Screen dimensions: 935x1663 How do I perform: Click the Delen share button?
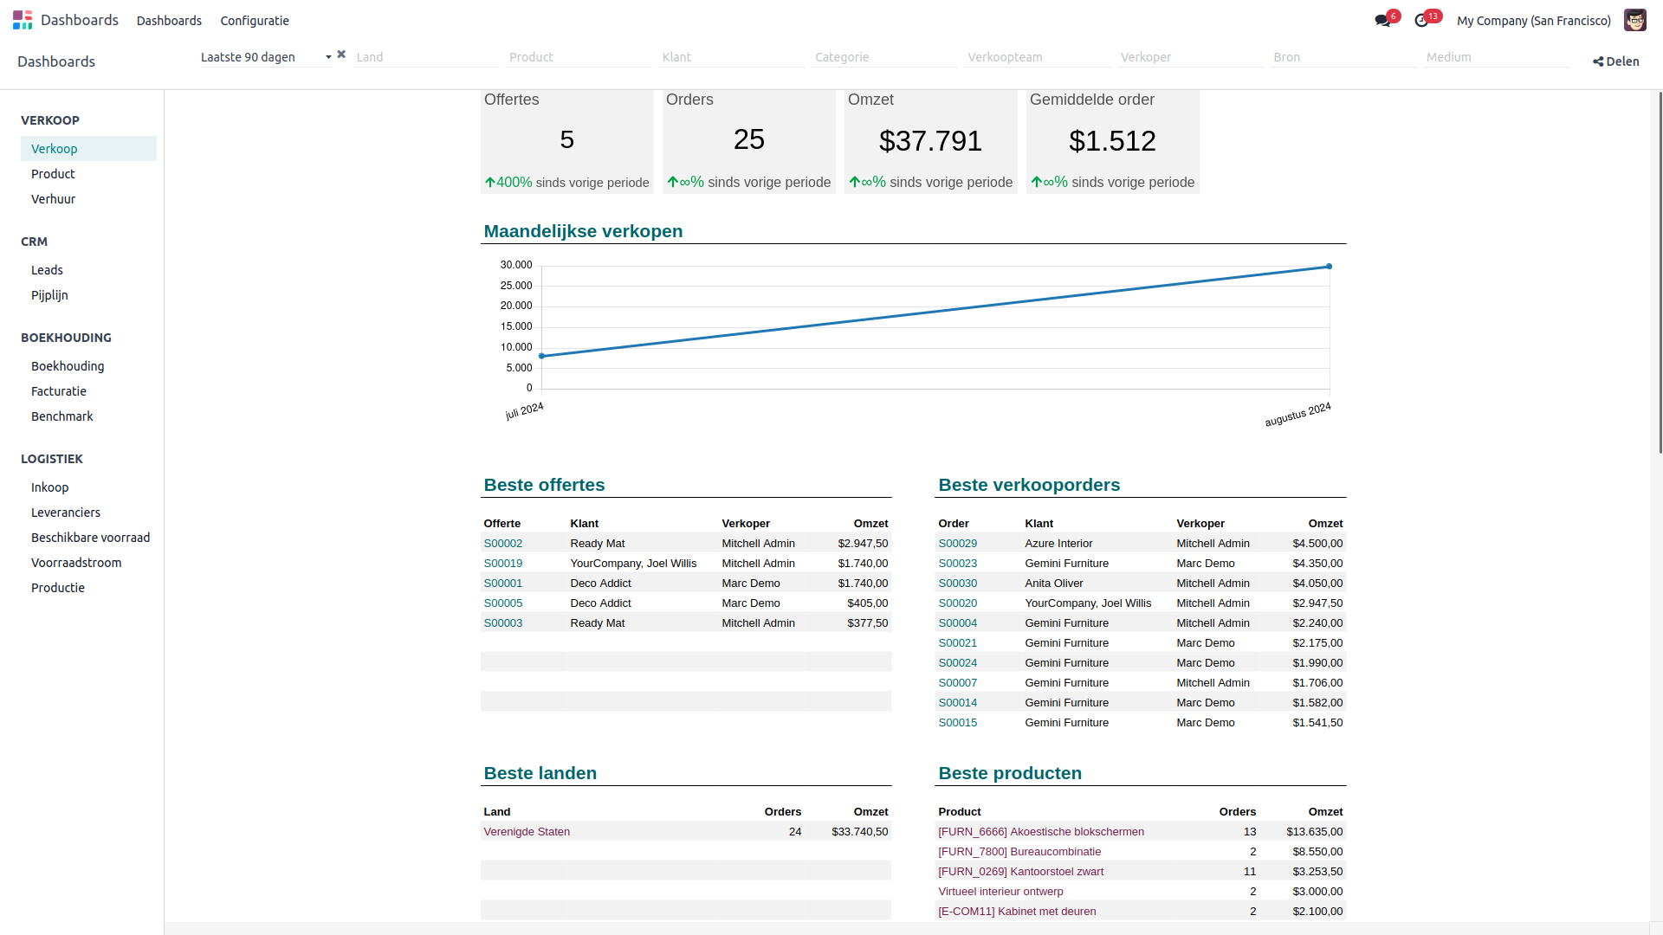(1615, 61)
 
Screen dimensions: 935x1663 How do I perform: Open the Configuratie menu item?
(255, 21)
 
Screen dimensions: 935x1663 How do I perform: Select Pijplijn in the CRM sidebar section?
(49, 295)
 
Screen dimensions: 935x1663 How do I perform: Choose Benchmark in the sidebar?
(61, 416)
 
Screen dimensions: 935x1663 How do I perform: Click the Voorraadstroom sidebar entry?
(76, 563)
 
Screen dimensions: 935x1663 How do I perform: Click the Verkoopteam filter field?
(1036, 57)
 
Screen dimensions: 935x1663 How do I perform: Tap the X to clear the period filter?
(341, 55)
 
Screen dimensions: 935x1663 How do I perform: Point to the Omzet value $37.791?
(930, 141)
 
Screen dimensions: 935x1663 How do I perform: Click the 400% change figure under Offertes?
(514, 183)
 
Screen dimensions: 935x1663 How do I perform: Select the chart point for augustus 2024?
(1329, 267)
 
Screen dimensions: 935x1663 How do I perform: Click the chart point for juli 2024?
(542, 356)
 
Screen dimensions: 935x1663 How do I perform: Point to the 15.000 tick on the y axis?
(516, 326)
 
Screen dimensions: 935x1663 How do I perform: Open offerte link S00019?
(502, 564)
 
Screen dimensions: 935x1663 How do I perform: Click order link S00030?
(957, 584)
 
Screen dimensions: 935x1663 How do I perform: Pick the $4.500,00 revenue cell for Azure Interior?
(1317, 544)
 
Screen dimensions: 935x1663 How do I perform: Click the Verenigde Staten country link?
(527, 832)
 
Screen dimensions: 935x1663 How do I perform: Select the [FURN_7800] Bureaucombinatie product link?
(1019, 852)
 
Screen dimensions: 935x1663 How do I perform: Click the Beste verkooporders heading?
(1029, 485)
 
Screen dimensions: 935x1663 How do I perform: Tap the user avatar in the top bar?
(1634, 20)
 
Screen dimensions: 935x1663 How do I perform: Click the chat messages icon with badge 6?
(1382, 21)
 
